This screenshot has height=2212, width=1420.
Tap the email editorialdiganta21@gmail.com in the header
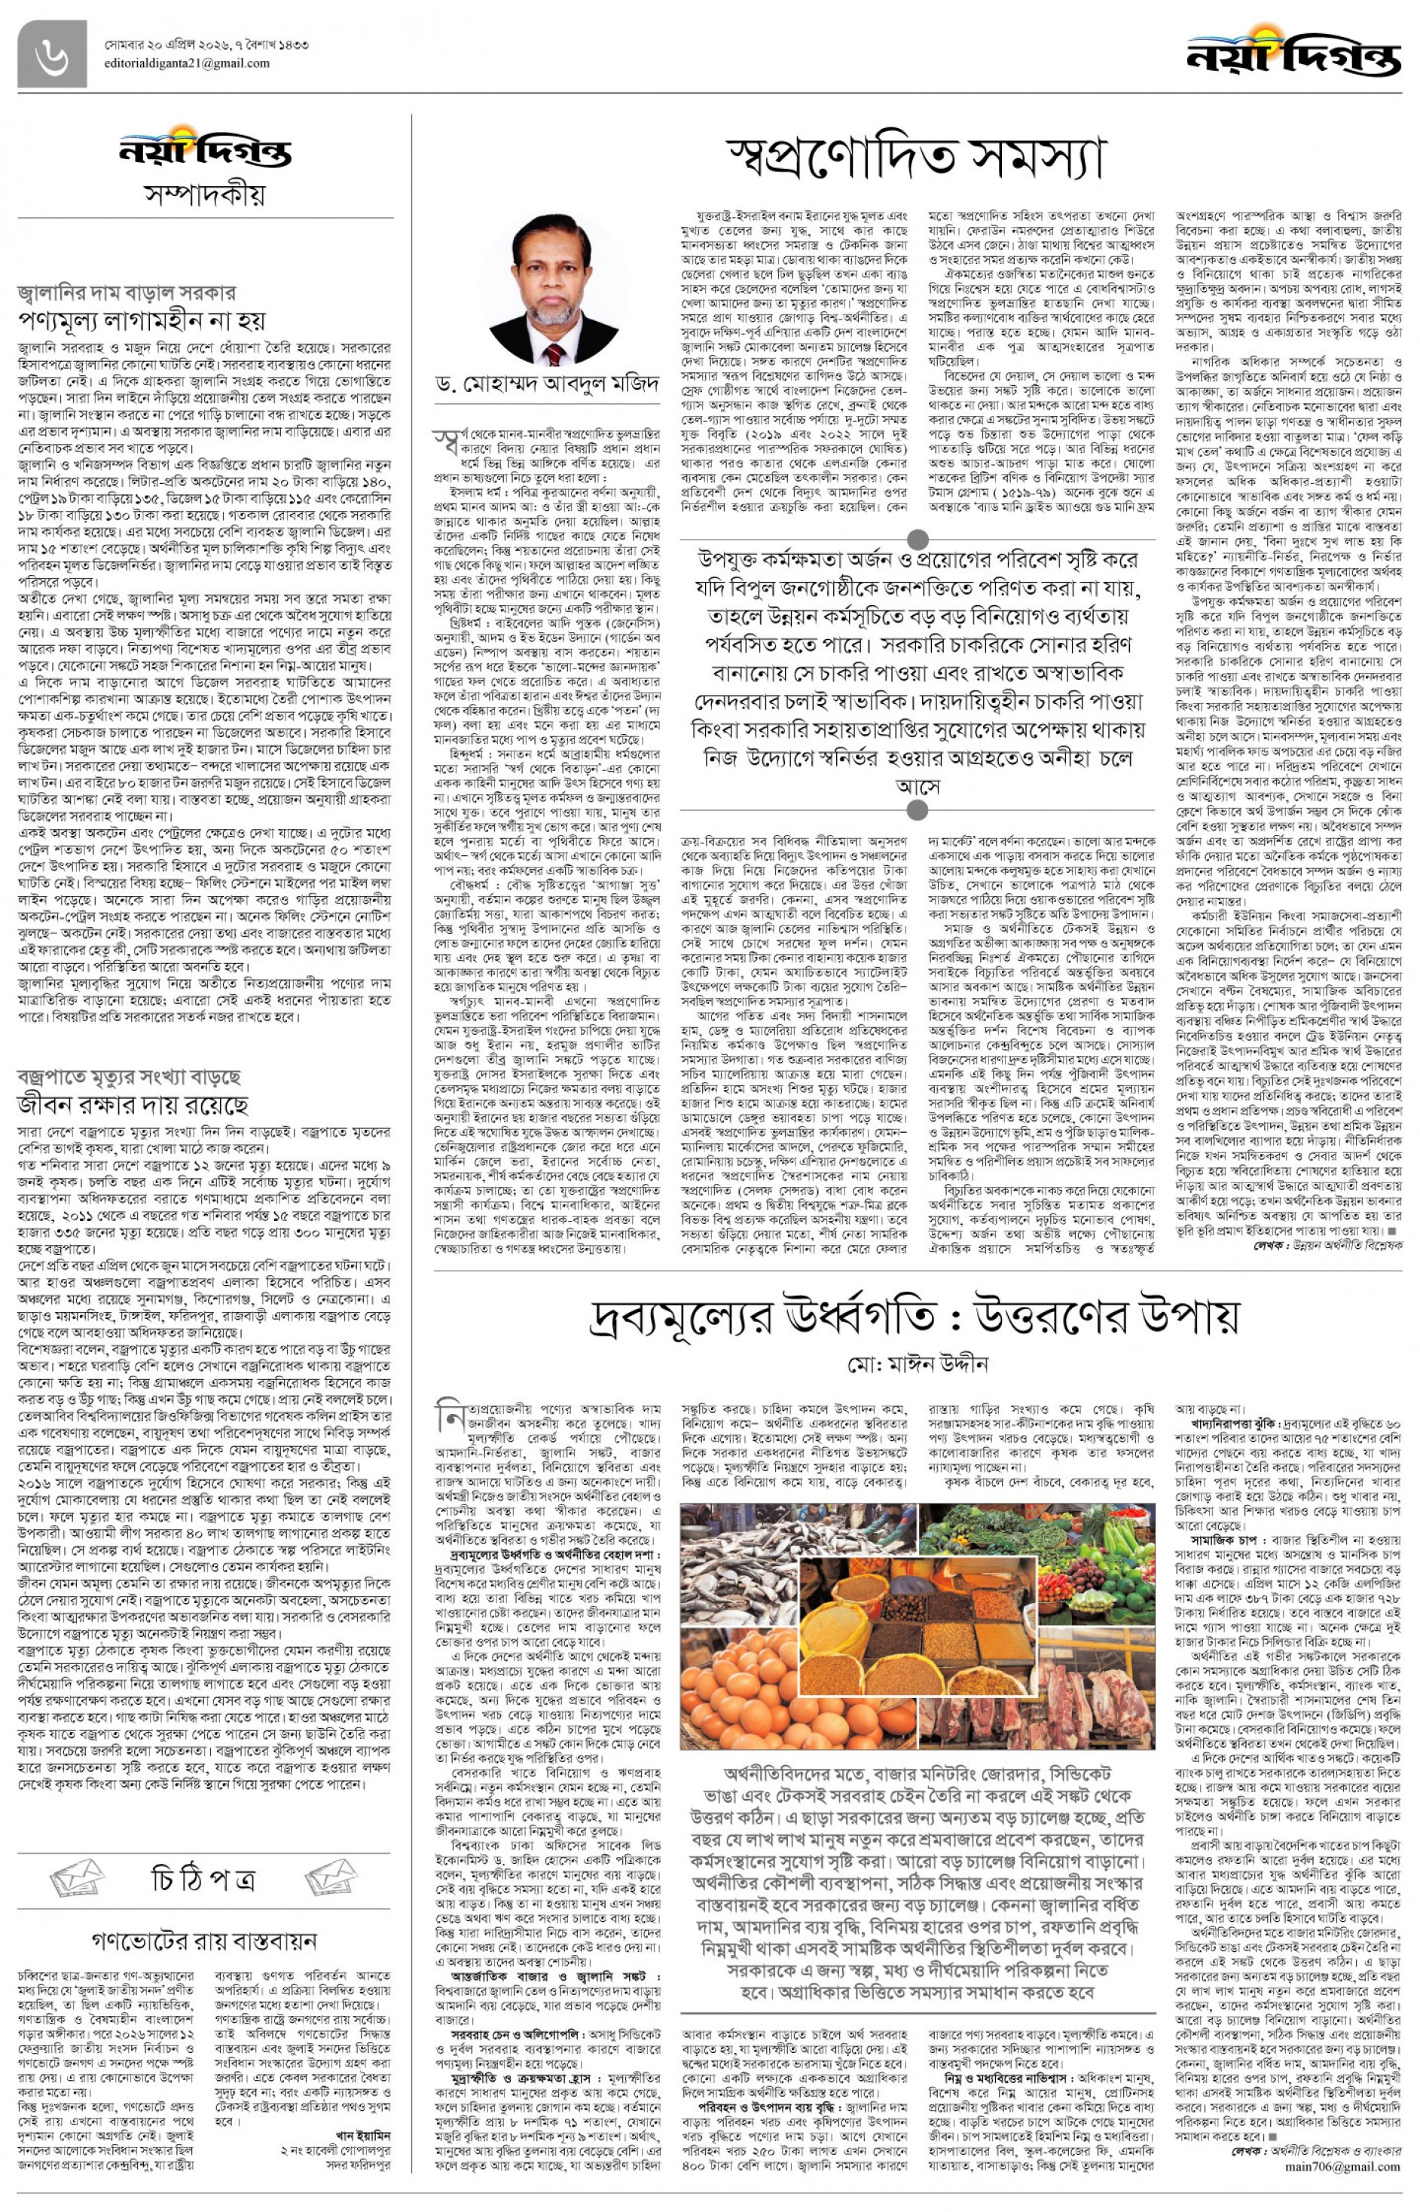pyautogui.click(x=182, y=63)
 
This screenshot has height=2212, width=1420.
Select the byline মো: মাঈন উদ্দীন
pyautogui.click(x=914, y=1363)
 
